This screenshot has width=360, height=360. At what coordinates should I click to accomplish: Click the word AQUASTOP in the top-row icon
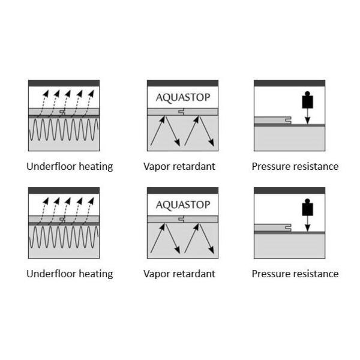pos(182,97)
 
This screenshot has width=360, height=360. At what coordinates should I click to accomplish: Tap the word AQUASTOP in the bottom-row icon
pos(182,205)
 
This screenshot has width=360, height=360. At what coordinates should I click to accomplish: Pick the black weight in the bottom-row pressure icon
pos(307,208)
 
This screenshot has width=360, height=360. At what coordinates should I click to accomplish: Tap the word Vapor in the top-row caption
pos(157,167)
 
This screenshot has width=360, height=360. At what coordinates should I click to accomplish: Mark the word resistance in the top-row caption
pos(316,166)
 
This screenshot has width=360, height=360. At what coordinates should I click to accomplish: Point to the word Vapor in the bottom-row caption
pos(157,274)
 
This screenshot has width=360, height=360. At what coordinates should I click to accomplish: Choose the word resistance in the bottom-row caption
pos(316,274)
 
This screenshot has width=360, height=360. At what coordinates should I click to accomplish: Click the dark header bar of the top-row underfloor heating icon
pos(64,83)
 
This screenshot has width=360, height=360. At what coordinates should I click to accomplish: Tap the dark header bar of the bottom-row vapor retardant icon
pos(182,191)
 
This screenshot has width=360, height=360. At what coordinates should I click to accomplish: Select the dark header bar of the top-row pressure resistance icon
pos(289,83)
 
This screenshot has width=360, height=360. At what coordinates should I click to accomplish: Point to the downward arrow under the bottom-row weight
pos(307,224)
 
